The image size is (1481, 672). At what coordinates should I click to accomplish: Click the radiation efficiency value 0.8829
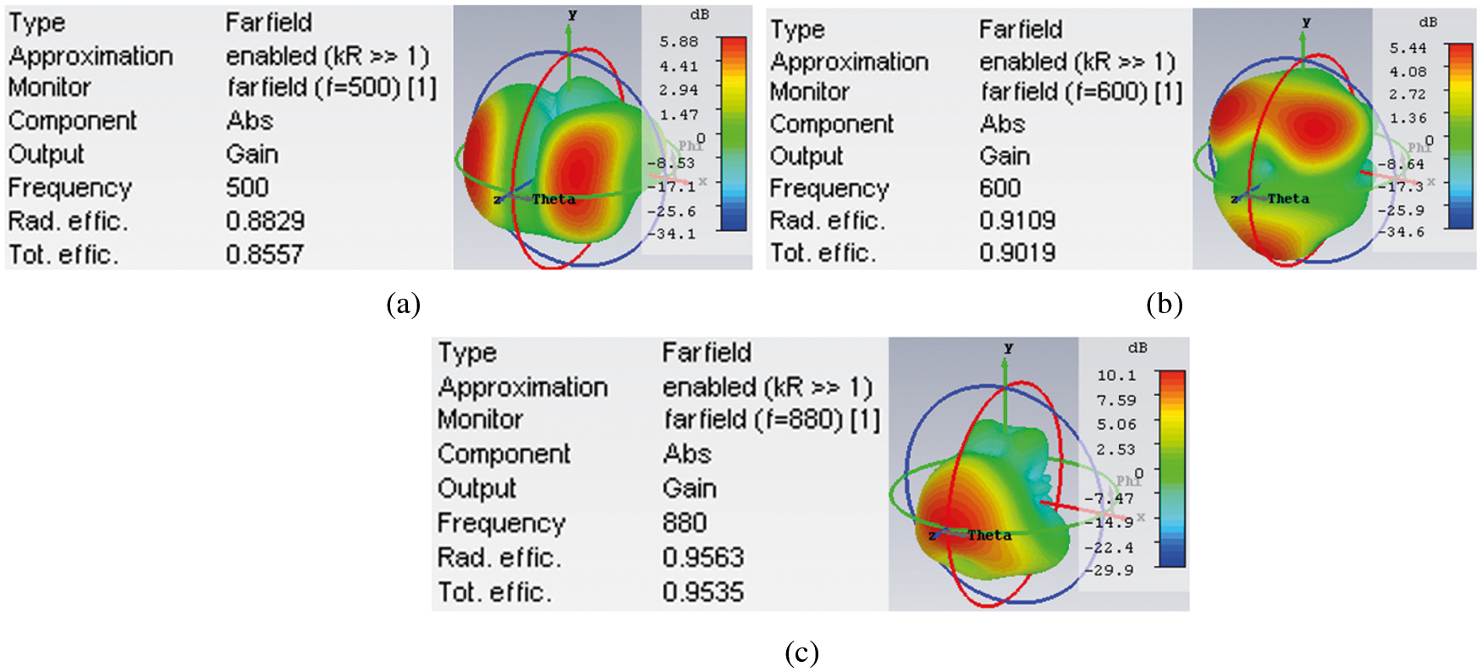(265, 221)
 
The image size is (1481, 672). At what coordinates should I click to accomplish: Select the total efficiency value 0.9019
(1017, 252)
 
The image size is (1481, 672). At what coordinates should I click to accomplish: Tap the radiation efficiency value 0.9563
(703, 557)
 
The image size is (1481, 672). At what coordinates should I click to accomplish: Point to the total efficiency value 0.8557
(265, 254)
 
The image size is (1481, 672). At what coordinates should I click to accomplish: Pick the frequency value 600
(1000, 188)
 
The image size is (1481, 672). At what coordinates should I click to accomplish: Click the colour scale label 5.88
(679, 41)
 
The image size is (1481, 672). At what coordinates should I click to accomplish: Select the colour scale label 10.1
(1116, 375)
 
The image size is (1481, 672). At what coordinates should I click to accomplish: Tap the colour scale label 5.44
(1407, 48)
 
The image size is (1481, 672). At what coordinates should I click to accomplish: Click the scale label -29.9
(1112, 570)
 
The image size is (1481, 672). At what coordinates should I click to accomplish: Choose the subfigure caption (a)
(403, 304)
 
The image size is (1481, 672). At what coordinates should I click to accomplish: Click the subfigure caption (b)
(1164, 304)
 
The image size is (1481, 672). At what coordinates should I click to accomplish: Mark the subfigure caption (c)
(801, 653)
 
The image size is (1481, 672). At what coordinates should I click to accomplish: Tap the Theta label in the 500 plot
(553, 200)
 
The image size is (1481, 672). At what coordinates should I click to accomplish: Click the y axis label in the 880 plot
(1008, 348)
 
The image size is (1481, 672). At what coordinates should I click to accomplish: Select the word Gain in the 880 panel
(690, 488)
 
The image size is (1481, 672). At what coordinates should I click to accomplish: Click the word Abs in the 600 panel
(1002, 124)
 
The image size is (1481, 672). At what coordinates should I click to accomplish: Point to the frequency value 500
(247, 187)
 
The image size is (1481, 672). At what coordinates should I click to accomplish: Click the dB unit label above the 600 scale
(1428, 22)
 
